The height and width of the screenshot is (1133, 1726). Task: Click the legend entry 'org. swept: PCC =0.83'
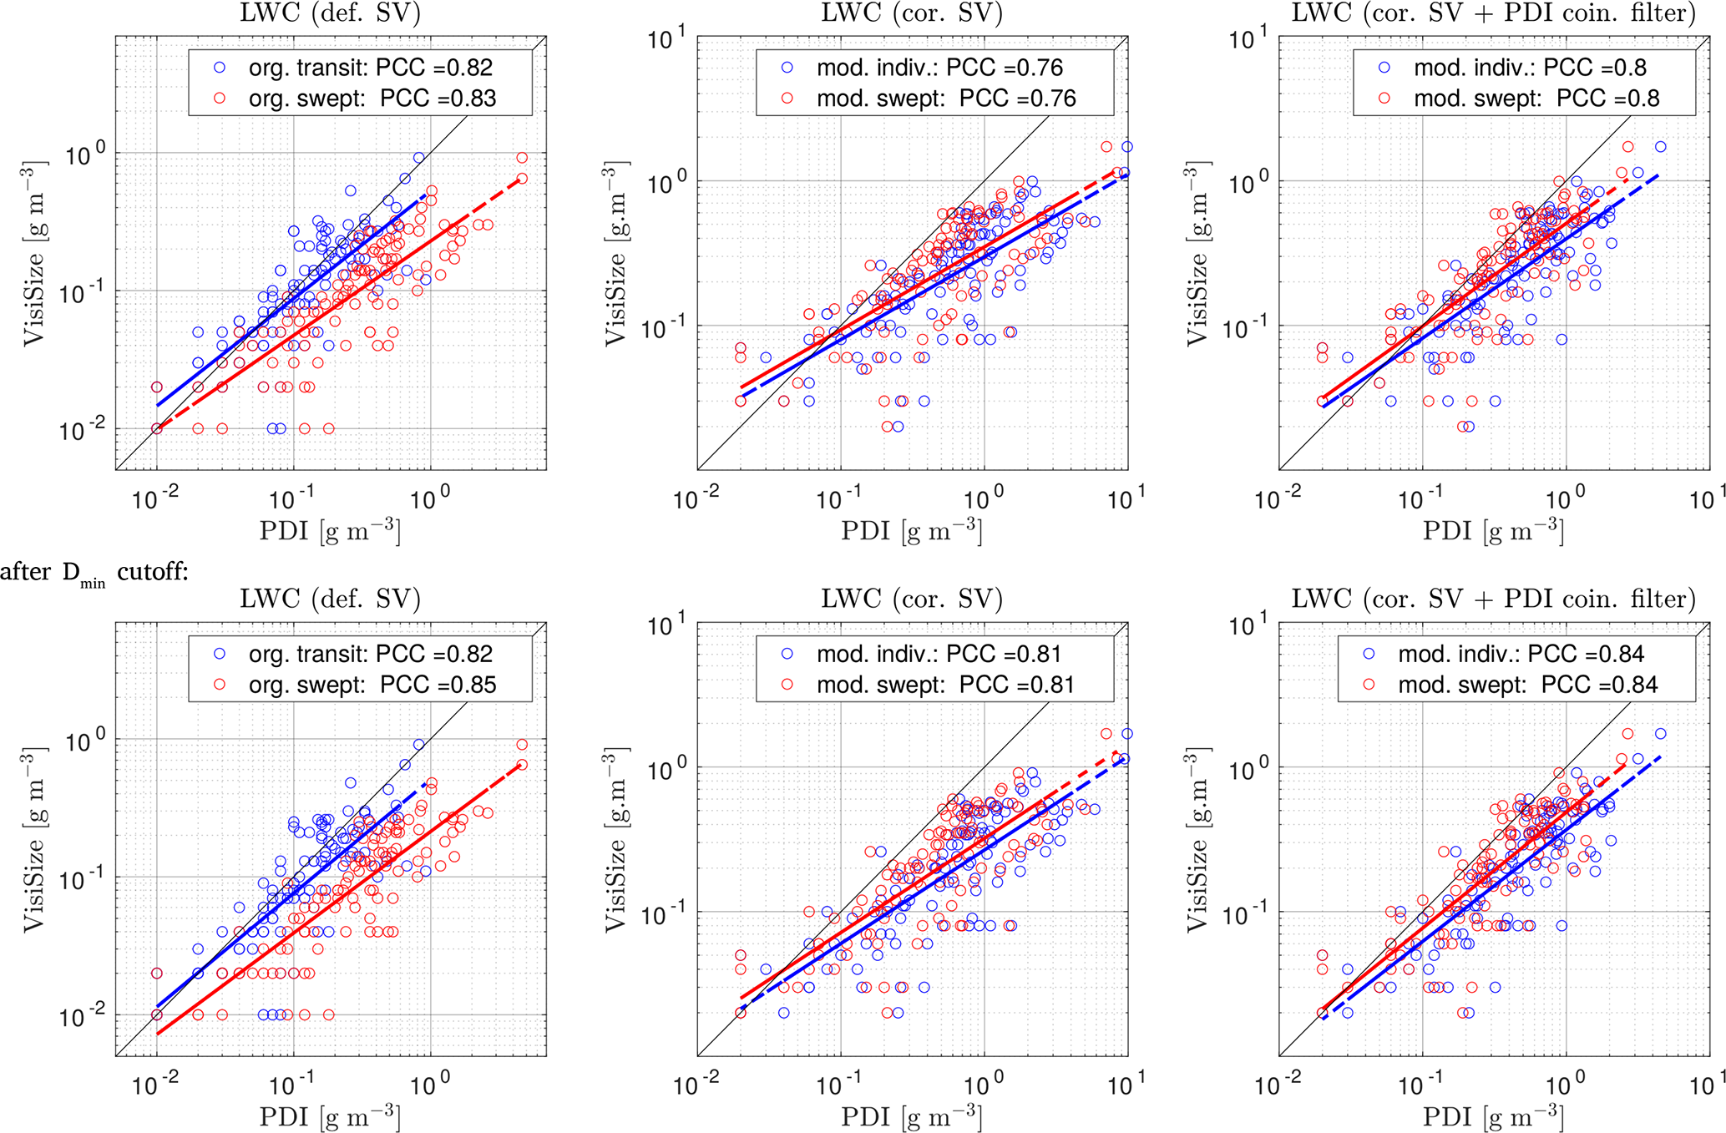[372, 99]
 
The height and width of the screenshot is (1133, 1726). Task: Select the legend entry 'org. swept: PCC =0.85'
[372, 685]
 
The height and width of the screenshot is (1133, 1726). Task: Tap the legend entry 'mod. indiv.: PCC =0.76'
[939, 68]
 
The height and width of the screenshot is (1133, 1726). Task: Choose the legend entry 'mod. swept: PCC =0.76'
[945, 99]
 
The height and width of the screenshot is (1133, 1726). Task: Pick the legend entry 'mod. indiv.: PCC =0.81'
[939, 654]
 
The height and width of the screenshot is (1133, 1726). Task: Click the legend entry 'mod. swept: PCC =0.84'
[1527, 685]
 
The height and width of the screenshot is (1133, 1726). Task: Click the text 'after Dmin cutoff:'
[94, 572]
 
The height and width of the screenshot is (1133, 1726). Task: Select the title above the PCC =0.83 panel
[330, 14]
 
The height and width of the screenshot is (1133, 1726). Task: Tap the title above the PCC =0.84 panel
[1493, 599]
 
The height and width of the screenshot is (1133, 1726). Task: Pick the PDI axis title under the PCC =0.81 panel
[911, 1116]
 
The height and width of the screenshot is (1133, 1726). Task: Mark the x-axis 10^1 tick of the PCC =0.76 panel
[1126, 499]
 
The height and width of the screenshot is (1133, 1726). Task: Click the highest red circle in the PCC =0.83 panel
[522, 158]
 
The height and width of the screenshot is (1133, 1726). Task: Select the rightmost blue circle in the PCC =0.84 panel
[1660, 734]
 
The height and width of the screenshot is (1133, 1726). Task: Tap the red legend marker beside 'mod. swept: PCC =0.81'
[787, 685]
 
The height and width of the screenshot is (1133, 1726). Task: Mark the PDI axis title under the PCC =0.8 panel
[1493, 530]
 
